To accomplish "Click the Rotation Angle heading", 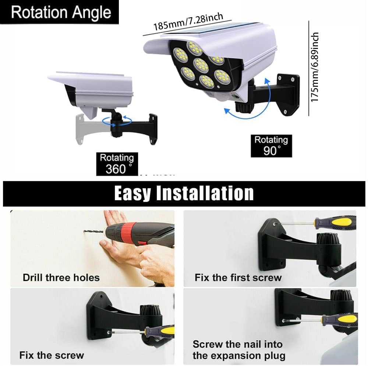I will click(60, 12).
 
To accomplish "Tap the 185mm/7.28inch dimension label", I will click(188, 22).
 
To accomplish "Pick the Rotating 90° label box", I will click(271, 146).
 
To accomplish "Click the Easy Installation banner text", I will click(184, 193).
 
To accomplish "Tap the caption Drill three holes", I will click(61, 277).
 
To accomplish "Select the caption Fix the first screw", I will click(238, 277).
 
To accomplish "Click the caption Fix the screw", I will click(52, 355).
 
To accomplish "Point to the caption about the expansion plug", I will click(239, 350).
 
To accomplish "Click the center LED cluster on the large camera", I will click(201, 65).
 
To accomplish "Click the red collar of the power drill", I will click(127, 234).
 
